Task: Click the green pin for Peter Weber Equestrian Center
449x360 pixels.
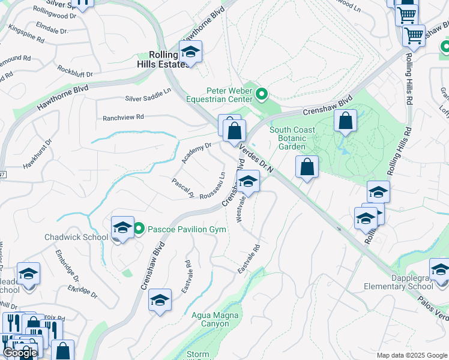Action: coord(262,94)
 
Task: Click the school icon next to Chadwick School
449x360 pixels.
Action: coord(122,228)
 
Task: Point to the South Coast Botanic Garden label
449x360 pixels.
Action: coord(296,138)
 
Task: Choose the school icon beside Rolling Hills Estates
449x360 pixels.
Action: coord(190,52)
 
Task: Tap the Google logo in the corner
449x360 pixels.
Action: coord(20,353)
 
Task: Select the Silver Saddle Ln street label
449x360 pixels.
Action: coord(148,98)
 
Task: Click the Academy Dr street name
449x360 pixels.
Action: coord(197,154)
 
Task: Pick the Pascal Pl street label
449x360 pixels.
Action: coord(182,188)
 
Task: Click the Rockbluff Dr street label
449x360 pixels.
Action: coord(75,70)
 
